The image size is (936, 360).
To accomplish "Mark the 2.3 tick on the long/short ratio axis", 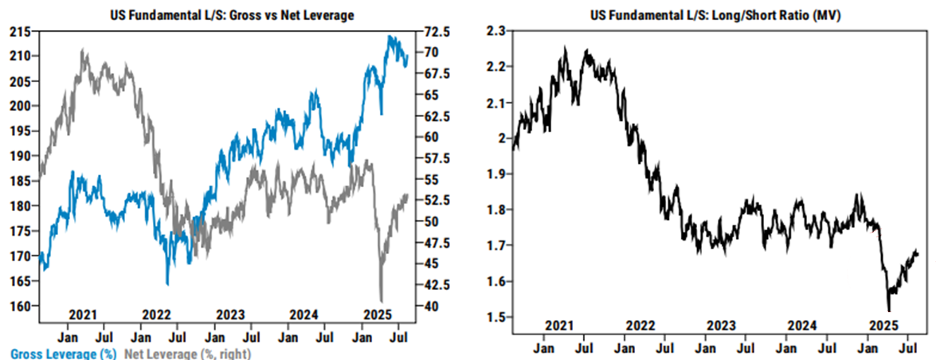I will [495, 30].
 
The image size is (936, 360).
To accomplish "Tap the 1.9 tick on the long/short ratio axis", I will [495, 174].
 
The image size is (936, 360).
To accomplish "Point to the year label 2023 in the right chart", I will [722, 325].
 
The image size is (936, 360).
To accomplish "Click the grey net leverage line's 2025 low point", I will [382, 299].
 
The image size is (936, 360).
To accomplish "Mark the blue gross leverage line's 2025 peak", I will [390, 36].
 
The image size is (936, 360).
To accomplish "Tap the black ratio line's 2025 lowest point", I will [888, 311].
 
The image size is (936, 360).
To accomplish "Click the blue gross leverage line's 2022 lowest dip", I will [167, 284].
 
